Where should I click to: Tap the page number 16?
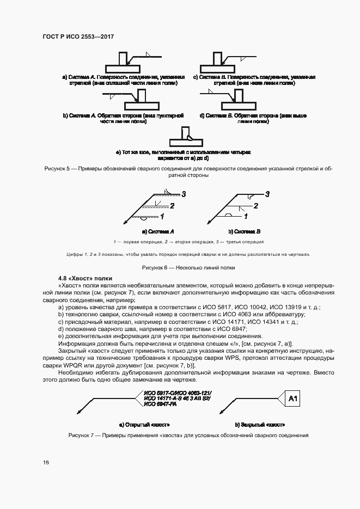click(x=46, y=462)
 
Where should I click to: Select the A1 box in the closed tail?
click(x=292, y=400)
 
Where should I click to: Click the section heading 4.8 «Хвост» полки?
click(x=84, y=278)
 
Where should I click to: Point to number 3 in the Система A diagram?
click(x=184, y=194)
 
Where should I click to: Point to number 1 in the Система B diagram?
click(x=246, y=216)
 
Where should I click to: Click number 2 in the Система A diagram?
click(x=172, y=206)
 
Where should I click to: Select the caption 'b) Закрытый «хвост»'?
click(x=260, y=424)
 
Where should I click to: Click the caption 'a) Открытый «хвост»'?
click(x=144, y=424)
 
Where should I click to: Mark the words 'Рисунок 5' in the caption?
click(x=57, y=169)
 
